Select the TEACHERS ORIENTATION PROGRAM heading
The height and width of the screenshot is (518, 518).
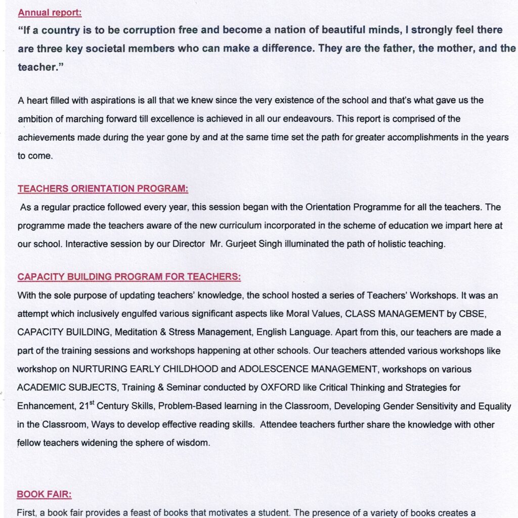coord(103,189)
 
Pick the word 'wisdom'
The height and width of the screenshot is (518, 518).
coord(194,443)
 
